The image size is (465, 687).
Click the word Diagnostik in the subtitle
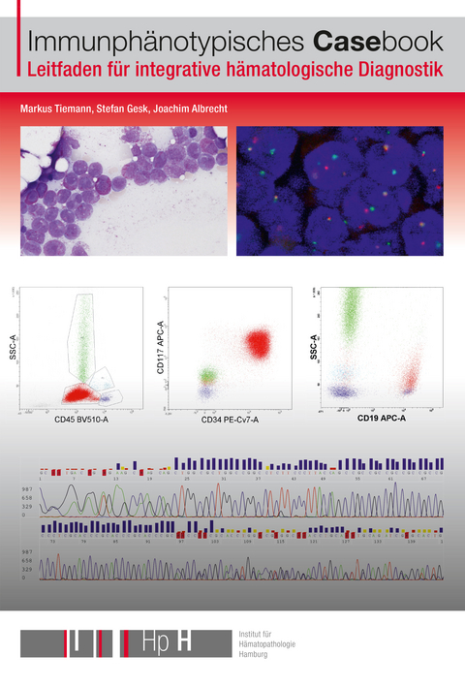397,70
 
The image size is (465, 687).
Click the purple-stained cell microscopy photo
123,191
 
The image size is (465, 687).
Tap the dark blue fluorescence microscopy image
340,191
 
